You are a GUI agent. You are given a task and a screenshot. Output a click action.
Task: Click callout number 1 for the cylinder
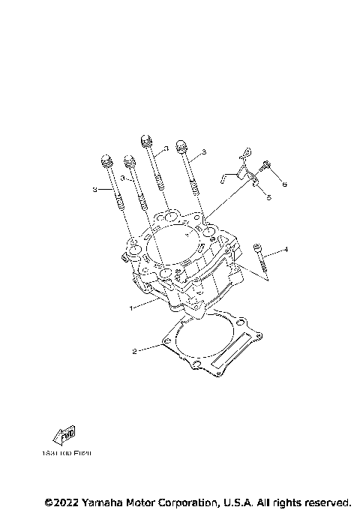point(131,307)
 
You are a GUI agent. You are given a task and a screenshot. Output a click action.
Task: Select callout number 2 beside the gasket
point(134,351)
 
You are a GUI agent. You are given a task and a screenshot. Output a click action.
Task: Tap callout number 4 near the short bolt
point(285,249)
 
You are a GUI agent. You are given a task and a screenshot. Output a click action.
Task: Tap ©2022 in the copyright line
point(61,501)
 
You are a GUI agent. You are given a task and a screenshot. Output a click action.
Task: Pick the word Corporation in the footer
point(187,501)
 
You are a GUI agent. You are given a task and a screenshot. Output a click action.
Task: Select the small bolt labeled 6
point(266,167)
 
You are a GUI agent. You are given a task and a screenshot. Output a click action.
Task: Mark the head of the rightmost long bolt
point(181,145)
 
